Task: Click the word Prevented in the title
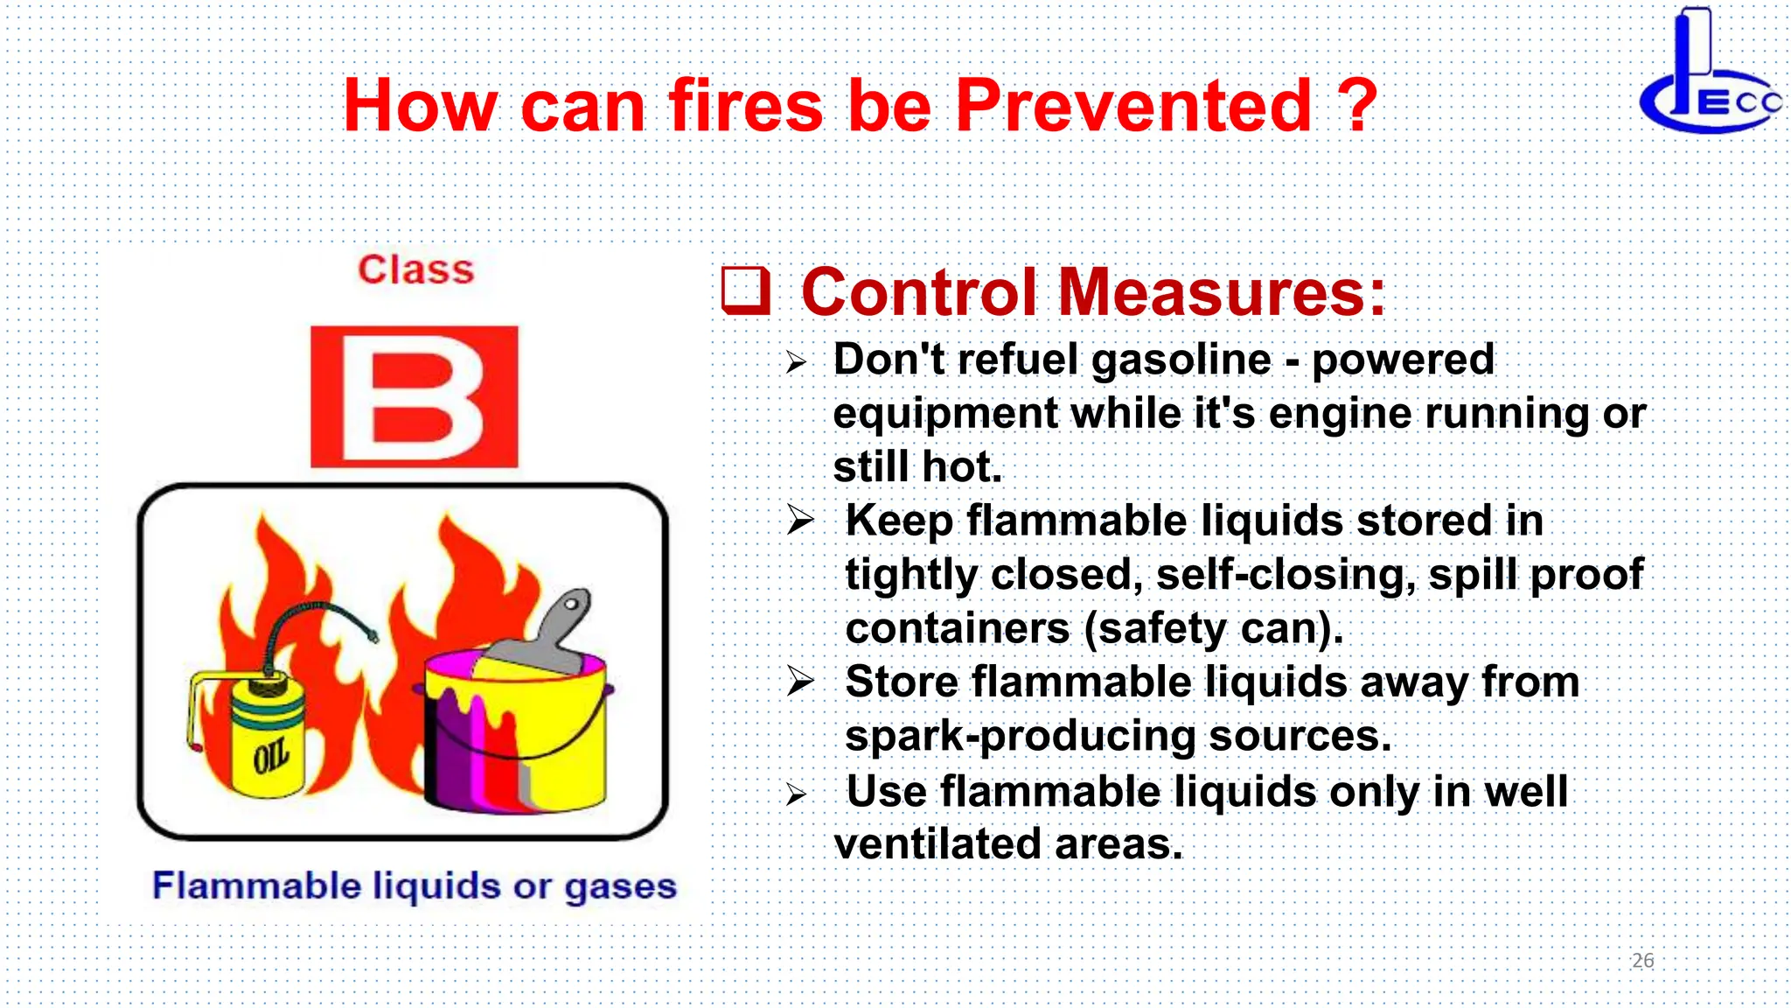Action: (x=1133, y=106)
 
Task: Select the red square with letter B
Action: (x=414, y=397)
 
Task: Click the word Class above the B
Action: (x=415, y=269)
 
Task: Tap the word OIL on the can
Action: (x=271, y=755)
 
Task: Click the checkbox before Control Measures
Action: (x=745, y=290)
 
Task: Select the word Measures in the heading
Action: (x=1222, y=292)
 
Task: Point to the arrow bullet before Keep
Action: (x=799, y=521)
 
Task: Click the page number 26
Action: (x=1642, y=961)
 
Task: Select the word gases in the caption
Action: (x=620, y=886)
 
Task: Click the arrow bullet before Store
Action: (x=799, y=681)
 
